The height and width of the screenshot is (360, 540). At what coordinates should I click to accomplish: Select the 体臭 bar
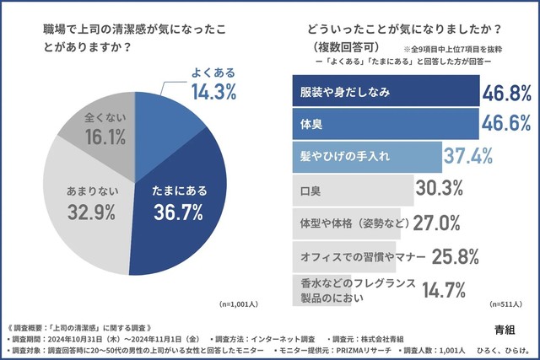tap(384, 123)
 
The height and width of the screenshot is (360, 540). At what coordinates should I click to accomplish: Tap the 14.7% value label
tap(445, 289)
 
